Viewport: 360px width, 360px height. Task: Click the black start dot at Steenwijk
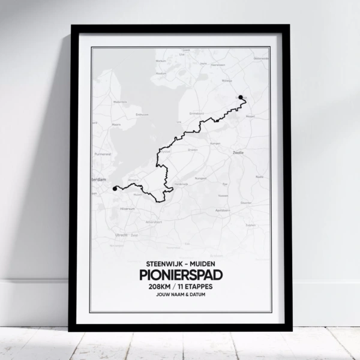241,97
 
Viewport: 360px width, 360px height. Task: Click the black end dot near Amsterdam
115,188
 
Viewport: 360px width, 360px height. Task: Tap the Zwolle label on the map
238,153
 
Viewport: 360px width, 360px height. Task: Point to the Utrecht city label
121,235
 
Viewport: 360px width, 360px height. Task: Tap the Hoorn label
118,125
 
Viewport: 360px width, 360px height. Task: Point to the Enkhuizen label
142,113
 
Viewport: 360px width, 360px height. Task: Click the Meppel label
251,116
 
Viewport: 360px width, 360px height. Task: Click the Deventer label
246,203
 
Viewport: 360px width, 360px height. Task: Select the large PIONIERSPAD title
180,275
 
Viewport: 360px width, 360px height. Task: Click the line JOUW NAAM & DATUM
180,296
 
